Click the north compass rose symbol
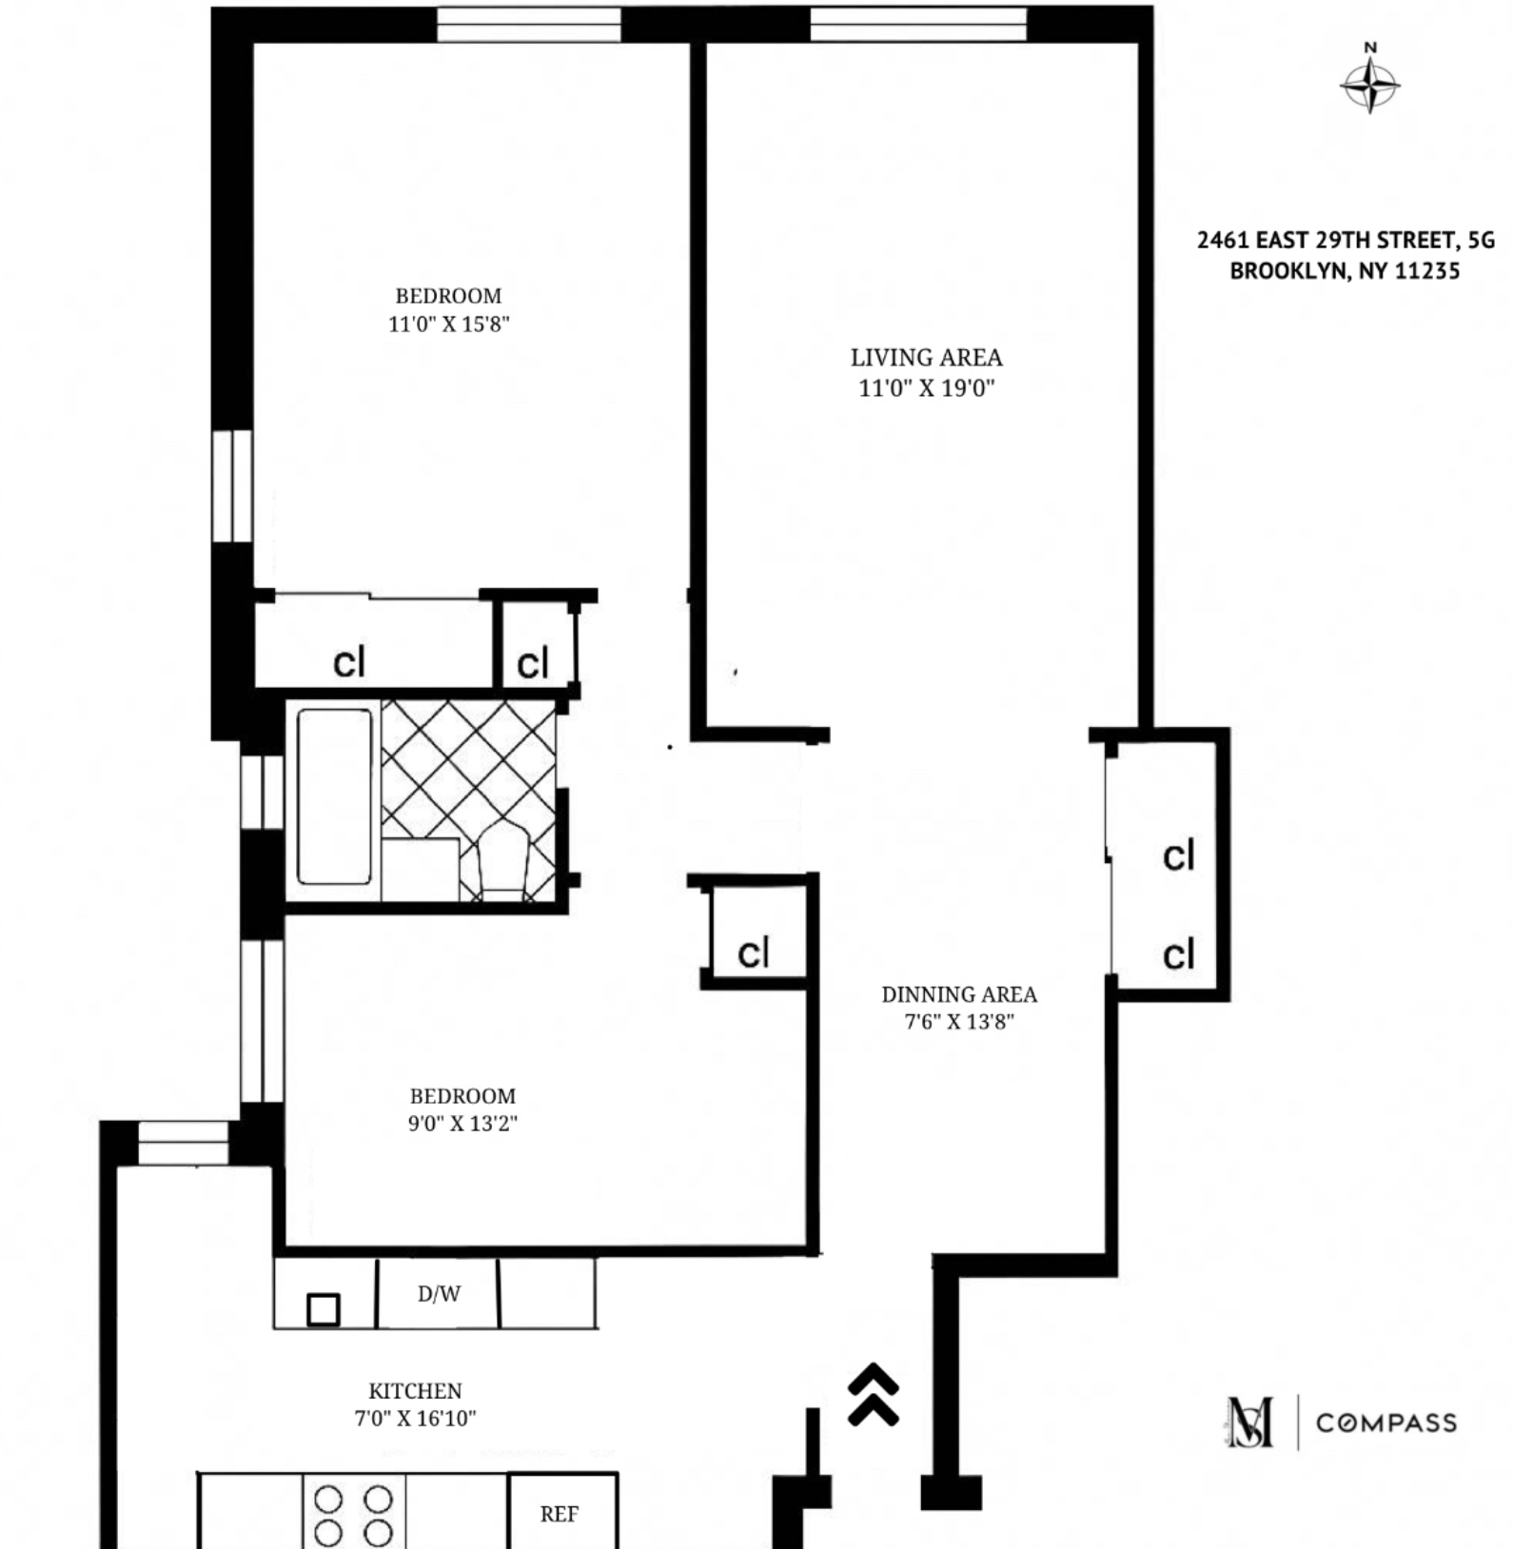pyautogui.click(x=1369, y=84)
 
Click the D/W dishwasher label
pyautogui.click(x=439, y=1294)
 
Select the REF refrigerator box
pyautogui.click(x=560, y=1514)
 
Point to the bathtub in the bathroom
pyautogui.click(x=334, y=796)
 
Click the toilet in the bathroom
pyautogui.click(x=502, y=862)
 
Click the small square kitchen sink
pyautogui.click(x=324, y=1310)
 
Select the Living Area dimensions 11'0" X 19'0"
pyautogui.click(x=926, y=388)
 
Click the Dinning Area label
pyautogui.click(x=959, y=995)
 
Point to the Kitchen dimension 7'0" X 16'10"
pyautogui.click(x=415, y=1419)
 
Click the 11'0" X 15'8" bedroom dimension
pyautogui.click(x=448, y=324)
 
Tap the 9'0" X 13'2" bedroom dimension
pyautogui.click(x=462, y=1124)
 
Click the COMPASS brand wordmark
pyautogui.click(x=1385, y=1423)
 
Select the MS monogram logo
pyautogui.click(x=1250, y=1423)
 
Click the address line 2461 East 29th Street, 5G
pyautogui.click(x=1346, y=240)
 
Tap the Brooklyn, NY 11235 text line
pyautogui.click(x=1345, y=271)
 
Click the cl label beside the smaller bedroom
pyautogui.click(x=754, y=952)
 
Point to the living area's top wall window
pyautogui.click(x=918, y=24)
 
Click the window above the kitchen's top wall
pyautogui.click(x=184, y=1142)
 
